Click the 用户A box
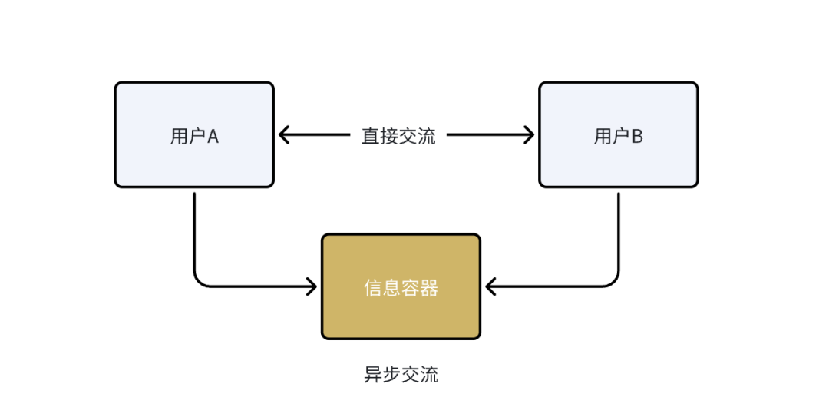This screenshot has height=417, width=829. tap(194, 134)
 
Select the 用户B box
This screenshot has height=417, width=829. tap(618, 134)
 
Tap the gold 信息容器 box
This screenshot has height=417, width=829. tap(401, 286)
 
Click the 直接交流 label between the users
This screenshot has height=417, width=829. tap(398, 137)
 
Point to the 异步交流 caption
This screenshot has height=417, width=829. tap(401, 375)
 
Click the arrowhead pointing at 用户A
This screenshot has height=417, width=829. tap(283, 135)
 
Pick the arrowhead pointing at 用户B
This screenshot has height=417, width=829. tap(529, 135)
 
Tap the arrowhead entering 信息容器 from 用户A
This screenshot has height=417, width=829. tap(312, 287)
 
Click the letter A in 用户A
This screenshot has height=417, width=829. tap(213, 137)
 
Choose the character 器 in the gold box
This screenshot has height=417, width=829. tap(429, 288)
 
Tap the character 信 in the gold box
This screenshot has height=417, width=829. tap(373, 288)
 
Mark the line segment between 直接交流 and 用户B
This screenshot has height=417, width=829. tap(484, 135)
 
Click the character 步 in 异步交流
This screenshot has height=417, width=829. tap(391, 375)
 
